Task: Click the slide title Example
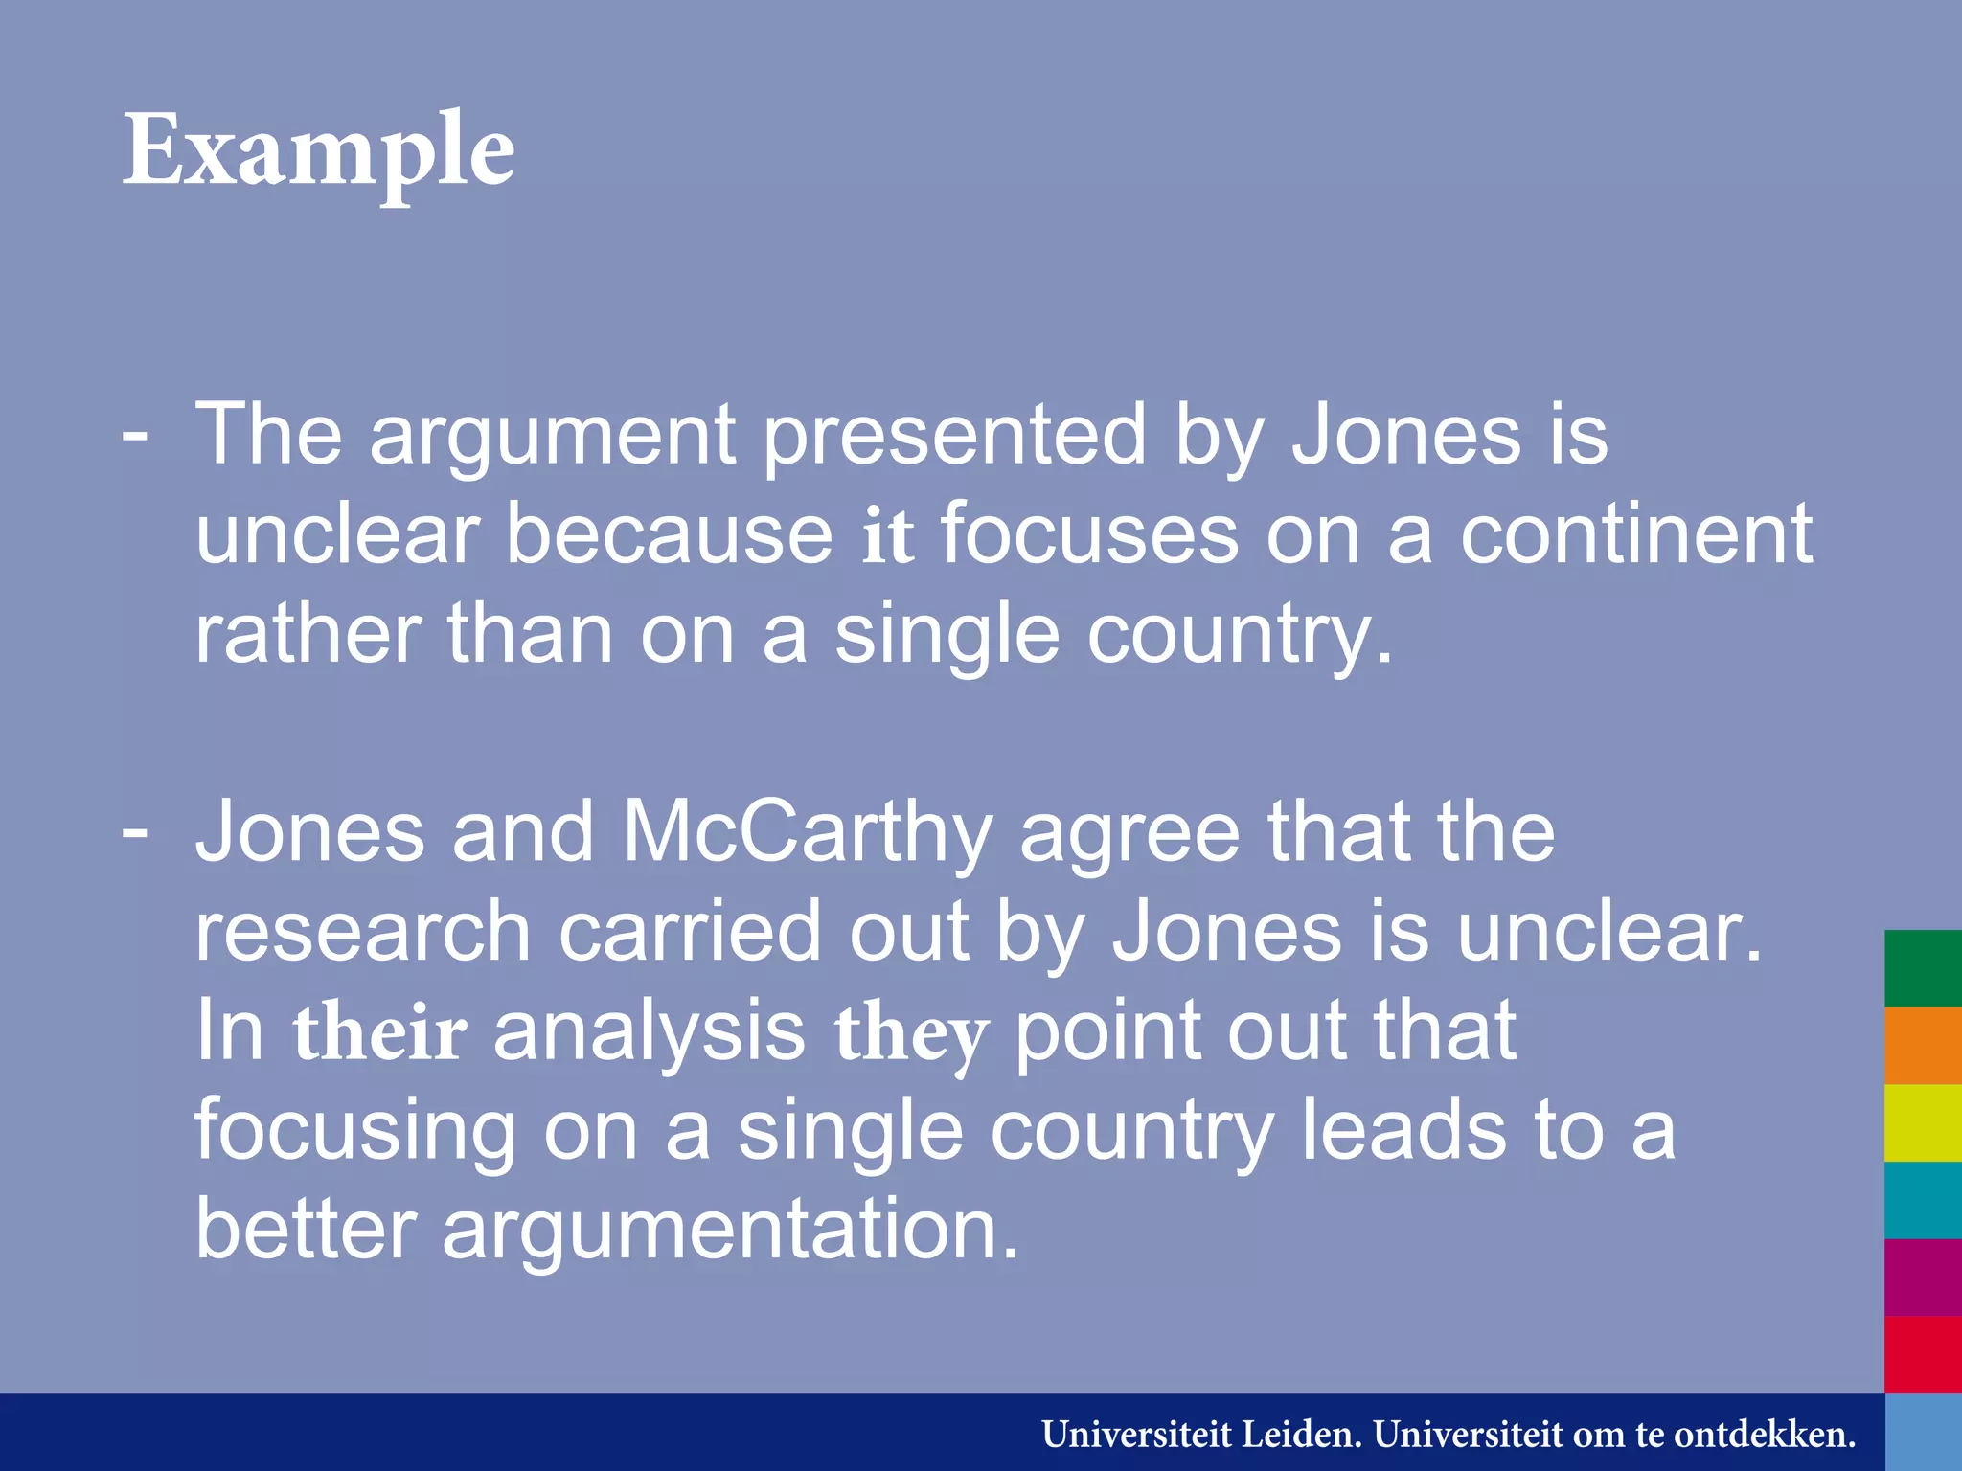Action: pyautogui.click(x=318, y=151)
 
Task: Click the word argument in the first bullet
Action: pyautogui.click(x=552, y=437)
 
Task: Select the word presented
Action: pyautogui.click(x=954, y=437)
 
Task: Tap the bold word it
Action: pyautogui.click(x=887, y=536)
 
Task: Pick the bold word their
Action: pyautogui.click(x=380, y=1034)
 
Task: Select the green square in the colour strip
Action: pyautogui.click(x=1923, y=968)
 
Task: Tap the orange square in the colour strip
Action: pyautogui.click(x=1923, y=1046)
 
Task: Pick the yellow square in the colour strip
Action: pyautogui.click(x=1923, y=1122)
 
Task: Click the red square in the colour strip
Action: pyautogui.click(x=1923, y=1354)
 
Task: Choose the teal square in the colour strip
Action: pyautogui.click(x=1923, y=1200)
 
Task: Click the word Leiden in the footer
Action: pyautogui.click(x=1301, y=1435)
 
